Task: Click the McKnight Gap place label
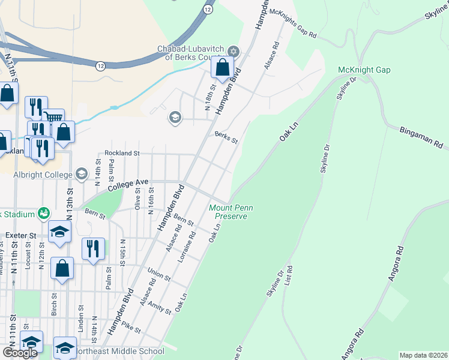pyautogui.click(x=364, y=70)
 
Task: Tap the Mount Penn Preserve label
pyautogui.click(x=231, y=212)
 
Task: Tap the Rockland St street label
pyautogui.click(x=122, y=154)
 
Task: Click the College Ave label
pyautogui.click(x=127, y=184)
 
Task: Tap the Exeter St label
pyautogui.click(x=20, y=236)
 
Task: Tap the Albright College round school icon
pyautogui.click(x=81, y=175)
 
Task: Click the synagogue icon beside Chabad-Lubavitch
pyautogui.click(x=234, y=51)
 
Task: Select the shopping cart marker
pyautogui.click(x=54, y=118)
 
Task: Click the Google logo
pyautogui.click(x=20, y=353)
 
